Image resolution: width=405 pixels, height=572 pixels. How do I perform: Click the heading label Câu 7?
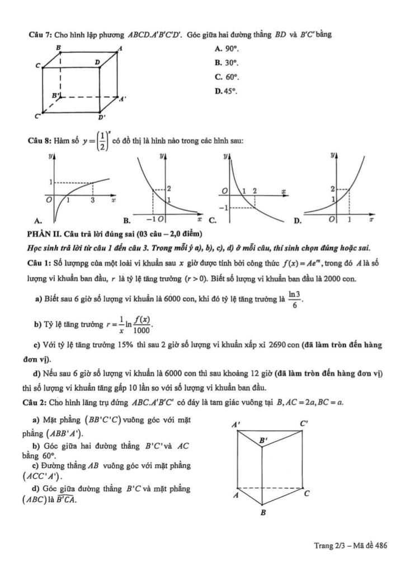click(40, 34)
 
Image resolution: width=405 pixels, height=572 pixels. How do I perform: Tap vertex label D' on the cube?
click(101, 118)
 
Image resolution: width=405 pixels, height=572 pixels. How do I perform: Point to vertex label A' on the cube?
click(123, 99)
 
